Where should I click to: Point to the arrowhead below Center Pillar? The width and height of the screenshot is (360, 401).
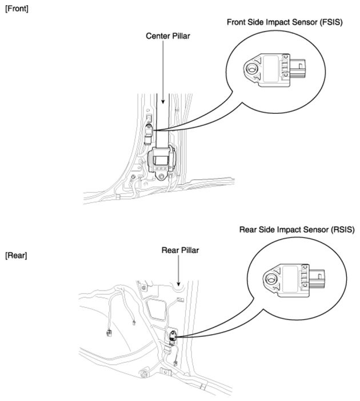click(x=164, y=104)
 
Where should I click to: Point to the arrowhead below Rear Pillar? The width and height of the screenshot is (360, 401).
click(x=179, y=284)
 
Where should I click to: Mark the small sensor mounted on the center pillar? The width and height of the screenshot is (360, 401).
click(x=148, y=132)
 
